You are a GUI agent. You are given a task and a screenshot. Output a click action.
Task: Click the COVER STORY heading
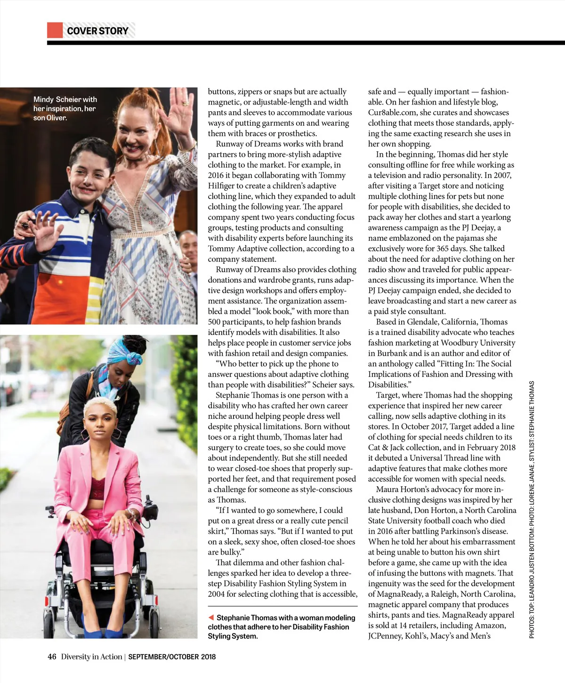click(97, 31)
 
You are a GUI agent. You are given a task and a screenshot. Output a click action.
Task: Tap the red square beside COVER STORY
click(55, 30)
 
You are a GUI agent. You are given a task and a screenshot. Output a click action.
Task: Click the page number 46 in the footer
click(52, 657)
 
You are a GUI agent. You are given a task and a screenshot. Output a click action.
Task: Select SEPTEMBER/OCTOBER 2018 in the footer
click(172, 657)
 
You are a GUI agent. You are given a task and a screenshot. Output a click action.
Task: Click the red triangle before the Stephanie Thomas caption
click(211, 618)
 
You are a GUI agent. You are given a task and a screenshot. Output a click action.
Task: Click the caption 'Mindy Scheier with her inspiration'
click(65, 108)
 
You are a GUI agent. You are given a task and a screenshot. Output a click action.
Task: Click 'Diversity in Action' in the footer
click(91, 657)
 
